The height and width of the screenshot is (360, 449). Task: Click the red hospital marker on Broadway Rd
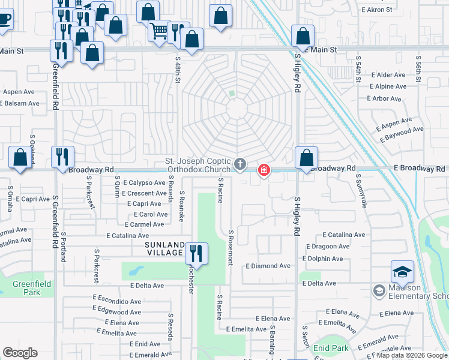click(x=264, y=171)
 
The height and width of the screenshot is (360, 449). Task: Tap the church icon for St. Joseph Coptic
click(x=240, y=164)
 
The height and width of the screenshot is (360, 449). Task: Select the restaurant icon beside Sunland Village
click(x=196, y=253)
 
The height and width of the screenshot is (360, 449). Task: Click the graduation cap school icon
click(x=402, y=272)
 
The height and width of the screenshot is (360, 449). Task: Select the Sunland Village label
click(x=163, y=249)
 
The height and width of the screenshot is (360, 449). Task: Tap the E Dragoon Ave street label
click(x=328, y=246)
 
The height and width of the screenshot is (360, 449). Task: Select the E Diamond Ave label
click(x=267, y=266)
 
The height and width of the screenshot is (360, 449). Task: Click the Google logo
click(x=20, y=353)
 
